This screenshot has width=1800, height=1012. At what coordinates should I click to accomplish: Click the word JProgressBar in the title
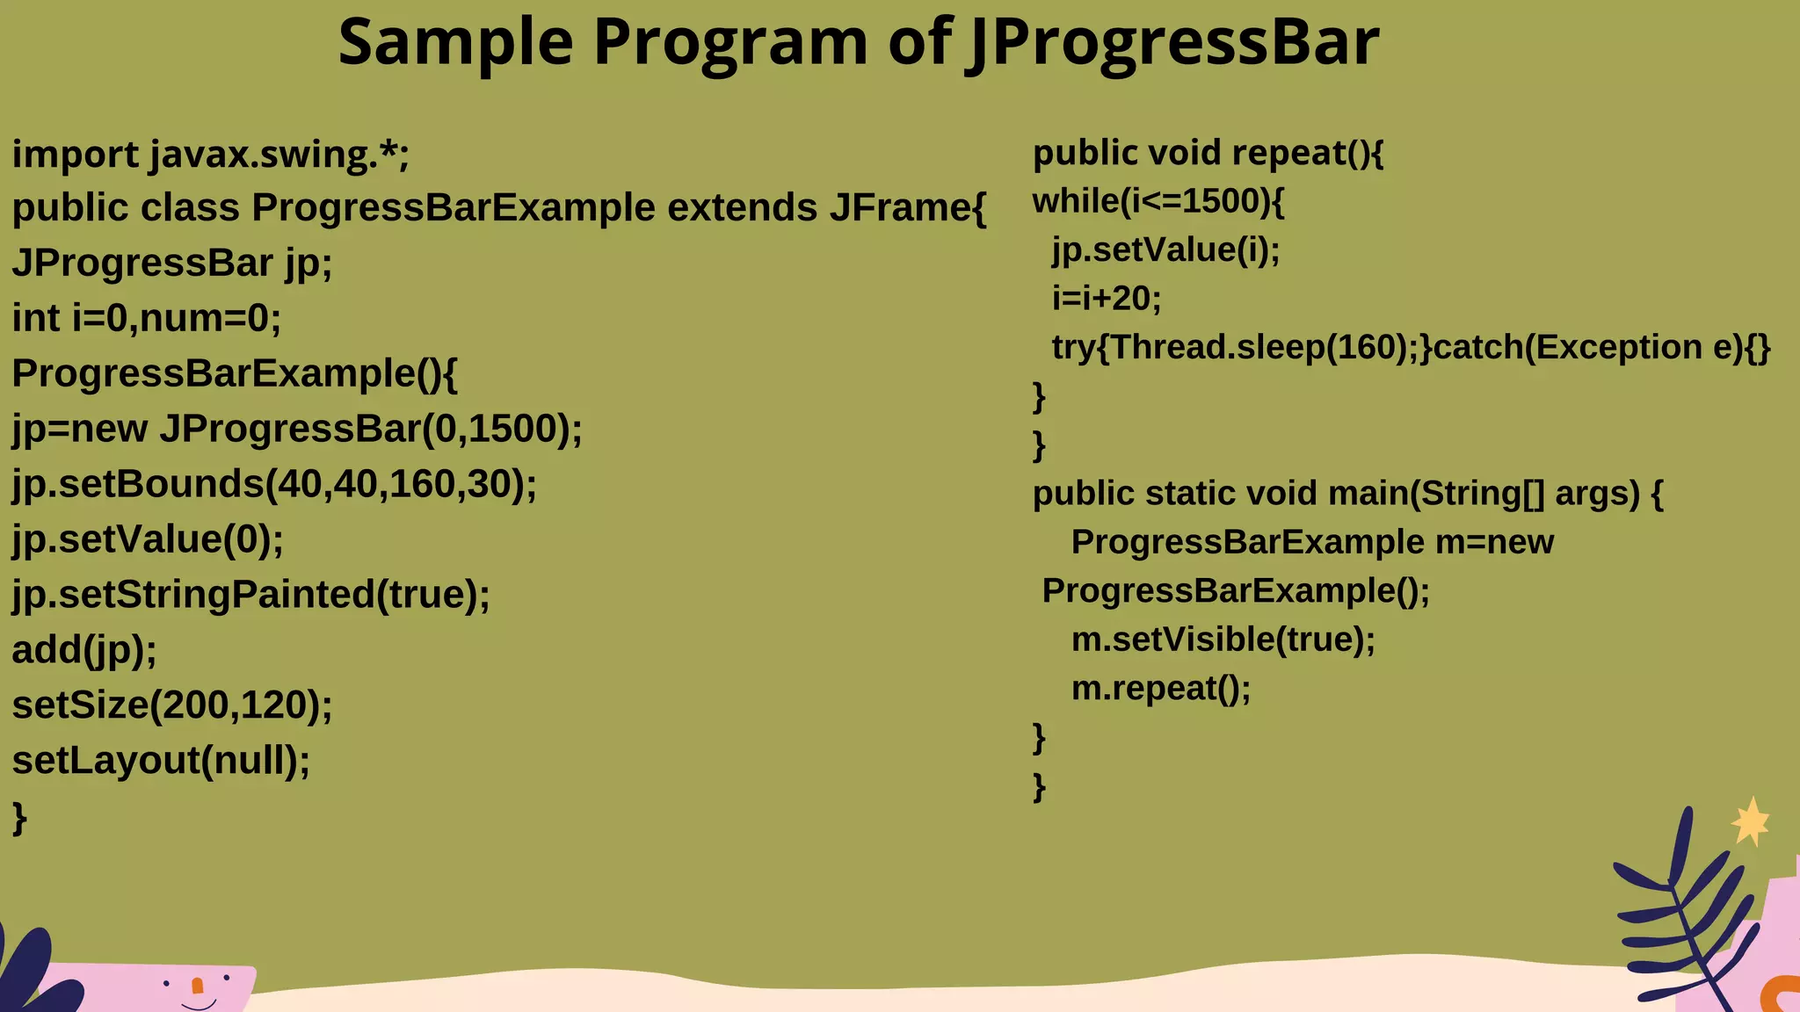[x=1172, y=42]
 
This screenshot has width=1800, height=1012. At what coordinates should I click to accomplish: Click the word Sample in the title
[x=455, y=42]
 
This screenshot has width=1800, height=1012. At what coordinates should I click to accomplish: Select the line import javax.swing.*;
[x=211, y=155]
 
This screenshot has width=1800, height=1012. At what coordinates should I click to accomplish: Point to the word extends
[x=742, y=208]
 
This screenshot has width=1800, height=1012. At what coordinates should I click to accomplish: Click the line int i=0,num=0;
[x=147, y=318]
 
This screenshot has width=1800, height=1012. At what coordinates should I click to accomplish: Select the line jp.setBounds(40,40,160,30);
[x=274, y=484]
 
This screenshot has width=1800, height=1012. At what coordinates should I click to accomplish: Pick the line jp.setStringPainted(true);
[x=250, y=595]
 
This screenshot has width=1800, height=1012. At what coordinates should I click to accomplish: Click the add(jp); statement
[x=84, y=650]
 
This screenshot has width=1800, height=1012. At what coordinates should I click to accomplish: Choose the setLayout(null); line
[x=161, y=761]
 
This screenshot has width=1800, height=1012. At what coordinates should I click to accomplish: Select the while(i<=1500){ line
[x=1158, y=202]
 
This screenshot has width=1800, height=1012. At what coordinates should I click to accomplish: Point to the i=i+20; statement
[x=1107, y=299]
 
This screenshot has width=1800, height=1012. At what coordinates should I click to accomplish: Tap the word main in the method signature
[x=1368, y=494]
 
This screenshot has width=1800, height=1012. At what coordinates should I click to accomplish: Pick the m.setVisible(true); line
[x=1223, y=640]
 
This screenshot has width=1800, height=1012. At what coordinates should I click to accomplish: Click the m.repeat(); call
[x=1160, y=689]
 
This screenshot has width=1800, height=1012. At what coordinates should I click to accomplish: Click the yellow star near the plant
[x=1751, y=822]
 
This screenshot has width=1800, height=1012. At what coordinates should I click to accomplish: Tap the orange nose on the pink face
[x=198, y=986]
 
